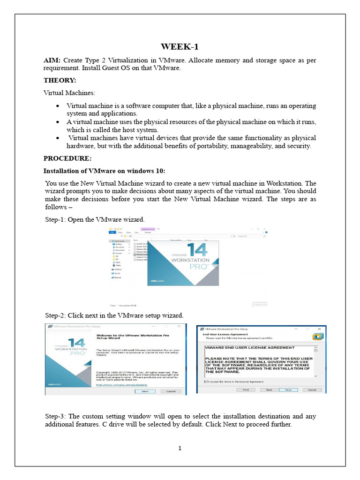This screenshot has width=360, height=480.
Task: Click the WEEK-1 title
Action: tap(180, 46)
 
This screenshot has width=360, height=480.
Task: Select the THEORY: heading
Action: tap(60, 80)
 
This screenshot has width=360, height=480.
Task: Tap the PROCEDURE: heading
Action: tap(67, 158)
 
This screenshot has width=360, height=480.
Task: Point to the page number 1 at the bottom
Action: tap(180, 448)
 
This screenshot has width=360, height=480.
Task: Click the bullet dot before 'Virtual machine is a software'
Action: tap(57, 106)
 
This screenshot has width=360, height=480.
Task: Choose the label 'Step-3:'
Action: tap(55, 416)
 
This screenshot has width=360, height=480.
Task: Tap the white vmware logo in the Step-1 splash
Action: tap(156, 282)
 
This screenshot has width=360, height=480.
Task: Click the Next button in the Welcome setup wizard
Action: tap(145, 391)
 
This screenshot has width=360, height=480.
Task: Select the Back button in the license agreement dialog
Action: tap(269, 390)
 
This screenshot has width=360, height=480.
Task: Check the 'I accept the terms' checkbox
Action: tap(205, 382)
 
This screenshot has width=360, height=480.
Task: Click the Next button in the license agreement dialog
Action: tap(288, 390)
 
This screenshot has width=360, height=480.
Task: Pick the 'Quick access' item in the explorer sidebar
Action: tap(120, 241)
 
